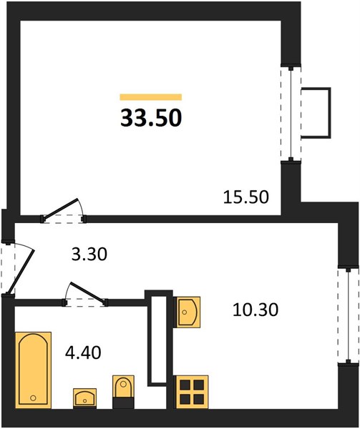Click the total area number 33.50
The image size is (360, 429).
tap(151, 118)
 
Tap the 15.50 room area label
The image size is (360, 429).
tap(246, 197)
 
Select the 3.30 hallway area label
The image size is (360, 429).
tap(89, 254)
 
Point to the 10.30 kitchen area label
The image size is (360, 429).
tap(256, 310)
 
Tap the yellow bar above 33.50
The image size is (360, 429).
tap(151, 97)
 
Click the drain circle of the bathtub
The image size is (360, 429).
tap(34, 398)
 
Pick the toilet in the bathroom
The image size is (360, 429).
tap(124, 392)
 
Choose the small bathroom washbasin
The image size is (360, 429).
tap(85, 398)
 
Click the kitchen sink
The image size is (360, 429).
tap(187, 312)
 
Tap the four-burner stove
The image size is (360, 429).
tap(193, 392)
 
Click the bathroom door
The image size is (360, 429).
tap(85, 294)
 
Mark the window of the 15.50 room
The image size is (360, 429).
tap(291, 113)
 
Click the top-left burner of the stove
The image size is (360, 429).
tap(185, 385)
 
